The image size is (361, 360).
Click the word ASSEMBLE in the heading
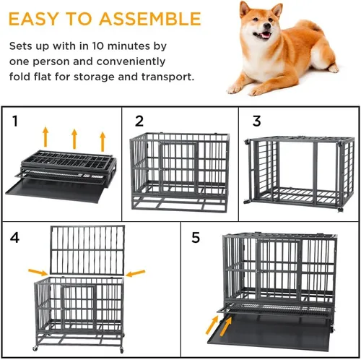pos(149,19)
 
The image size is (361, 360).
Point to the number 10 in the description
pos(98,46)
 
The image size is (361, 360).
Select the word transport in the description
pos(168,77)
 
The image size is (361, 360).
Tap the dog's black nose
pos(266,25)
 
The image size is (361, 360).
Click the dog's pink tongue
pos(266,35)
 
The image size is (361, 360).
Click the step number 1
pos(15,121)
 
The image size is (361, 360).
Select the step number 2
pos(139,121)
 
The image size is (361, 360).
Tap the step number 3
pos(257,121)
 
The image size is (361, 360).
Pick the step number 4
pos(14,238)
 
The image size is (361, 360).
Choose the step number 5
pos(196,238)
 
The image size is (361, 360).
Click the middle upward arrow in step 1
pos(74,139)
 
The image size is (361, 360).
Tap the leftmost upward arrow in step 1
pos(45,137)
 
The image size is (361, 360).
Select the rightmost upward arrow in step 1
pos(103,142)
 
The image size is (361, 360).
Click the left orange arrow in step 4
pos(38,272)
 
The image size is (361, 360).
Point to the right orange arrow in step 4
pos(136,273)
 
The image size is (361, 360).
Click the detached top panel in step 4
pos(87,249)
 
